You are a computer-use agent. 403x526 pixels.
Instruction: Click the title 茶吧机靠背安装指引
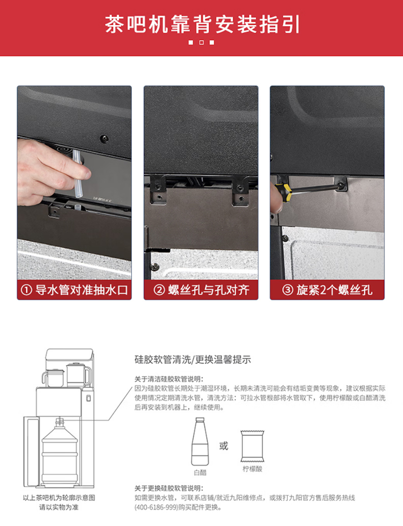coord(202,24)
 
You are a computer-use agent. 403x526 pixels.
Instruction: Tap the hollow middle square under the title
coord(202,43)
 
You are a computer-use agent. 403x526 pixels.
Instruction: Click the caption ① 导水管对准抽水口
coord(74,290)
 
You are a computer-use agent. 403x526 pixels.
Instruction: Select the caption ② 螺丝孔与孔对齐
coord(201,290)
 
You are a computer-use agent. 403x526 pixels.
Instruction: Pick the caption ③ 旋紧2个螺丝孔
coord(327,290)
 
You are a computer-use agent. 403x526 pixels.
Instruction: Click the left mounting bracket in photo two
coord(158,190)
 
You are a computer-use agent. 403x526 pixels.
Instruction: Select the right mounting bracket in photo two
coord(240,191)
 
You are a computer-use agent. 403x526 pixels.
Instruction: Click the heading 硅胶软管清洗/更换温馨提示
coord(193,360)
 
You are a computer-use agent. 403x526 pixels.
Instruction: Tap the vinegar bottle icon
coord(200,441)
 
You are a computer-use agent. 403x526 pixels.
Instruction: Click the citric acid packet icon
coord(253,446)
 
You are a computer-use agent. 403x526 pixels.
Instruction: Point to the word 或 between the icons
coord(223,446)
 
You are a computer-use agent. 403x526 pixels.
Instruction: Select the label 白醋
coord(200,472)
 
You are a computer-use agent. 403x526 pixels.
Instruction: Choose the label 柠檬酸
coord(253,468)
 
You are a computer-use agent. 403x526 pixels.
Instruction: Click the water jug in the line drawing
coord(60,452)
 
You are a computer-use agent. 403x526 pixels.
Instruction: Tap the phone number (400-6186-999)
coord(156,507)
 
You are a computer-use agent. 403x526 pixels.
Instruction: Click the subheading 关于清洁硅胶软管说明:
coord(169,379)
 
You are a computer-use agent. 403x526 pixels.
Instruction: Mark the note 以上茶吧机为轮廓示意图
coord(59,497)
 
